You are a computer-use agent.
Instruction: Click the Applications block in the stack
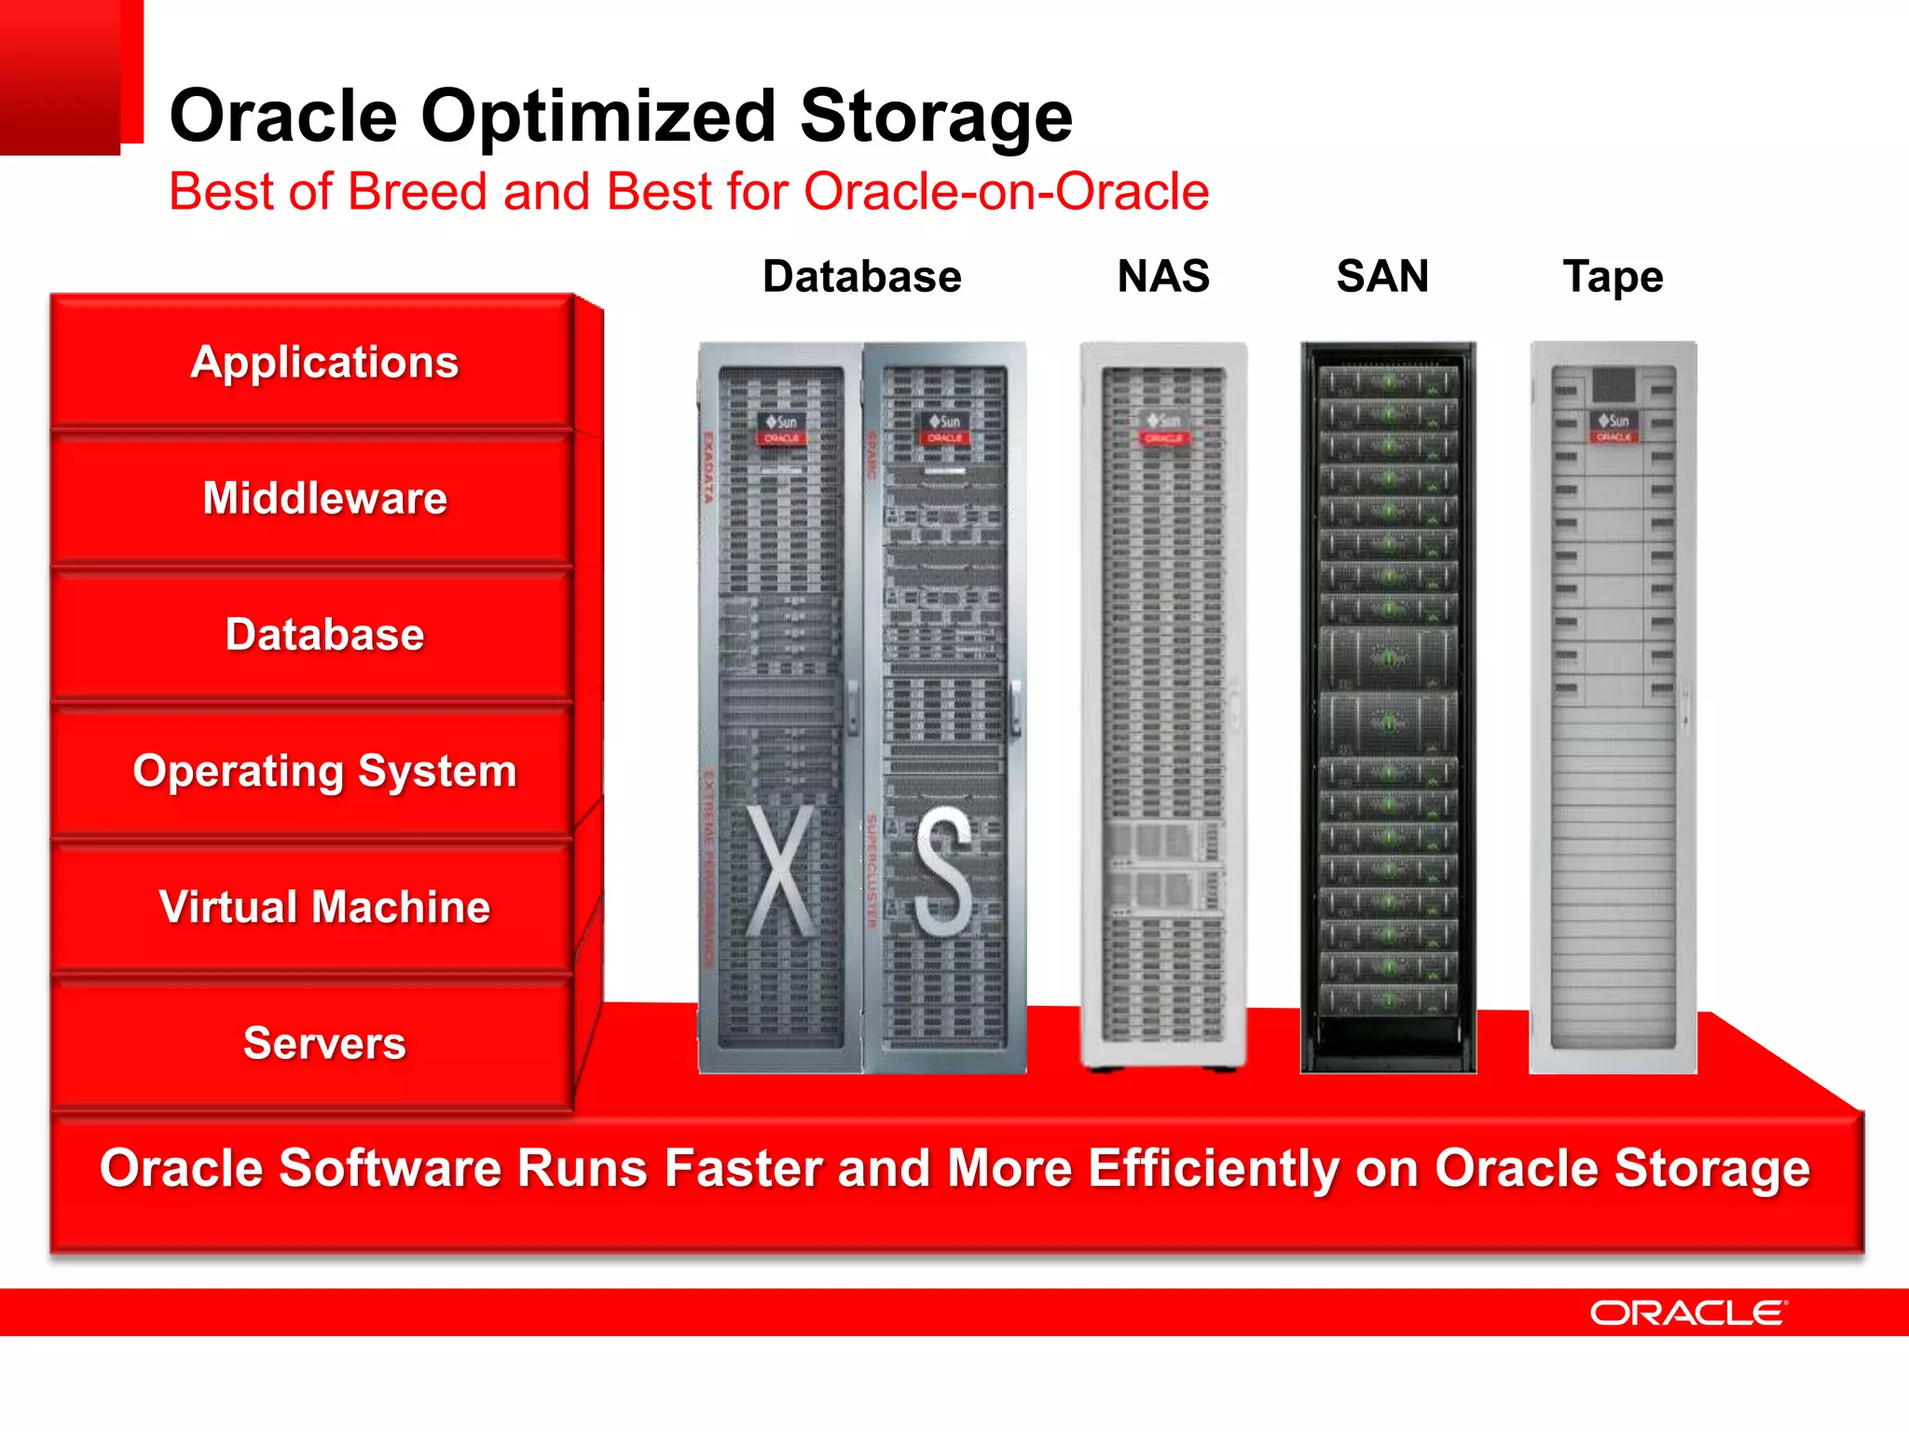point(324,362)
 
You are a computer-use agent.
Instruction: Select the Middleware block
point(324,498)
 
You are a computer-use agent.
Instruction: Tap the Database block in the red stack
point(324,634)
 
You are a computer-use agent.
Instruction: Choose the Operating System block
point(324,771)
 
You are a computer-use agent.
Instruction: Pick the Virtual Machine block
point(324,906)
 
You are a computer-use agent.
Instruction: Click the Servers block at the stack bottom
point(324,1042)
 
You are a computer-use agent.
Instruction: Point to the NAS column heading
point(1162,276)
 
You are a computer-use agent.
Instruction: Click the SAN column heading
point(1382,276)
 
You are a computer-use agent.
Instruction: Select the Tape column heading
point(1613,277)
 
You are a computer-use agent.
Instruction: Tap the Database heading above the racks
point(861,277)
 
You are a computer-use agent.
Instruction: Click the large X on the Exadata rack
point(780,871)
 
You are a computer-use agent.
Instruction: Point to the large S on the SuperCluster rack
point(943,871)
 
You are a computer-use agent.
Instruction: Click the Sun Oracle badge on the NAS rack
point(1163,429)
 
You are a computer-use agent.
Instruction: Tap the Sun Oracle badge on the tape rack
point(1614,428)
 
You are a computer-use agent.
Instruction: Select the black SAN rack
point(1388,709)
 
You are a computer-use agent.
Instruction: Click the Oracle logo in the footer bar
point(1687,1313)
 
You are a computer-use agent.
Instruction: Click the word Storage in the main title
point(936,116)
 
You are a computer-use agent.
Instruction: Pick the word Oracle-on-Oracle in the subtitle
point(1006,191)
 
